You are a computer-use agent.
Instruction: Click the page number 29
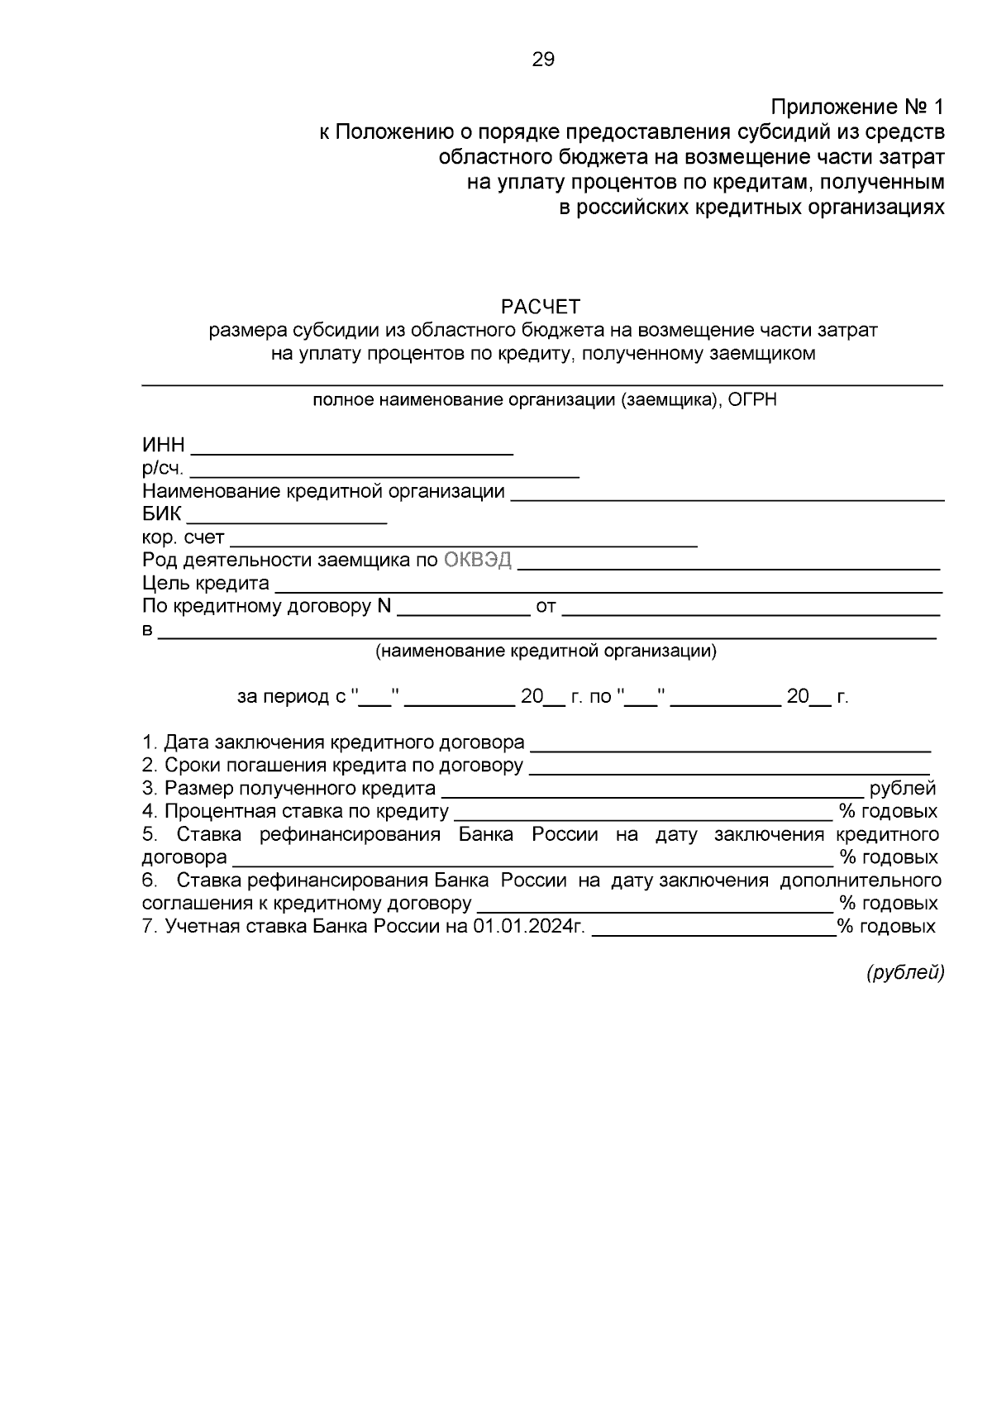pyautogui.click(x=543, y=60)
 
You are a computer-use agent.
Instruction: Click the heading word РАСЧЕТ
pyautogui.click(x=541, y=308)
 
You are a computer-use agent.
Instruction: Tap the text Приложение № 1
pyautogui.click(x=856, y=107)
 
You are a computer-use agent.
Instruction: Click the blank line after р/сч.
pyautogui.click(x=384, y=470)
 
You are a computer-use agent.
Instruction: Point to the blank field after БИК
pyautogui.click(x=287, y=517)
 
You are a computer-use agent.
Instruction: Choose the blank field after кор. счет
pyautogui.click(x=463, y=540)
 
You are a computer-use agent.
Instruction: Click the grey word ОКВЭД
pyautogui.click(x=478, y=561)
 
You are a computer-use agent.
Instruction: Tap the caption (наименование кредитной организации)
pyautogui.click(x=546, y=651)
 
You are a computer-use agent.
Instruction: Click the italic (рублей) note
pyautogui.click(x=904, y=973)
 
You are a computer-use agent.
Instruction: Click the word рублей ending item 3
pyautogui.click(x=903, y=789)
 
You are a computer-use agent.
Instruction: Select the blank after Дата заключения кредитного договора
pyautogui.click(x=730, y=744)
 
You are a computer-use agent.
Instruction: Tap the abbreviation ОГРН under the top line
pyautogui.click(x=752, y=401)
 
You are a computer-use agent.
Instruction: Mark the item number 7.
pyautogui.click(x=149, y=927)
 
